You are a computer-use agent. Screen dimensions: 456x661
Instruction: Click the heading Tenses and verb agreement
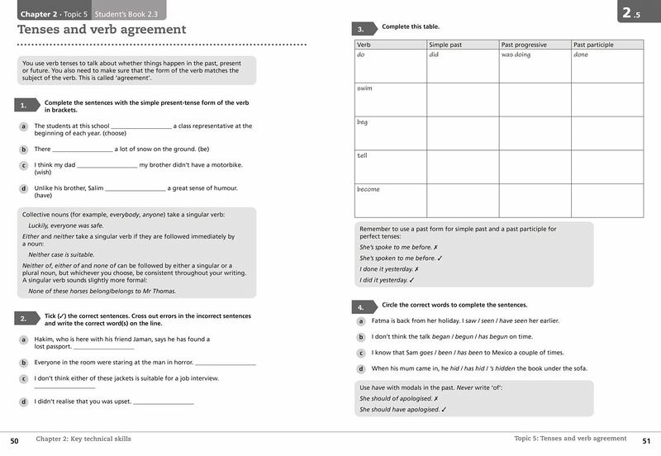102,30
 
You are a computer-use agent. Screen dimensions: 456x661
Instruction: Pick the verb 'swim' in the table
365,88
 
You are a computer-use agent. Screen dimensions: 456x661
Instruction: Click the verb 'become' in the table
369,189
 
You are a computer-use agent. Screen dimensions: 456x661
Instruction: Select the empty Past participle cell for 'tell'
607,166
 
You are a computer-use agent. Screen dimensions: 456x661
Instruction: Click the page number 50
14,440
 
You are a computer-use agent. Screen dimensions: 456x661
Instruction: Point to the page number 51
646,440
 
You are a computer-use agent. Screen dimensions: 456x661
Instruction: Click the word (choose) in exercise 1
114,133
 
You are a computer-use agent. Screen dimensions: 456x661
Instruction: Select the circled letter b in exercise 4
361,337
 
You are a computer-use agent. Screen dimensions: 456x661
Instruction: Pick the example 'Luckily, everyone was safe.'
66,226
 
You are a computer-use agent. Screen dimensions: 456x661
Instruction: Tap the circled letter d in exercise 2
24,401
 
